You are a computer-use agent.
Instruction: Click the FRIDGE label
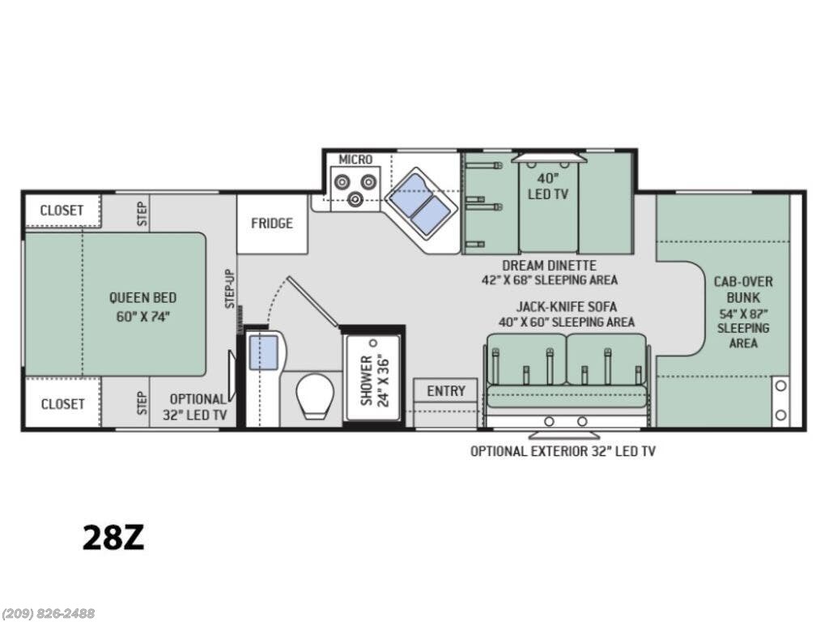click(x=271, y=224)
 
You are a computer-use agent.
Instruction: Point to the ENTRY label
click(x=446, y=391)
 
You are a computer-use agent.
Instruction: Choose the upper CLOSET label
click(x=62, y=211)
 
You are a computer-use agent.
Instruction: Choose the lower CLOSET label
click(x=62, y=403)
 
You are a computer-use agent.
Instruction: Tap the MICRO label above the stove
click(x=355, y=160)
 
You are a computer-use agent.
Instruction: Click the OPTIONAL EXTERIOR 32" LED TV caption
click(x=563, y=451)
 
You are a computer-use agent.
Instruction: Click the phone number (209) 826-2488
click(x=48, y=613)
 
